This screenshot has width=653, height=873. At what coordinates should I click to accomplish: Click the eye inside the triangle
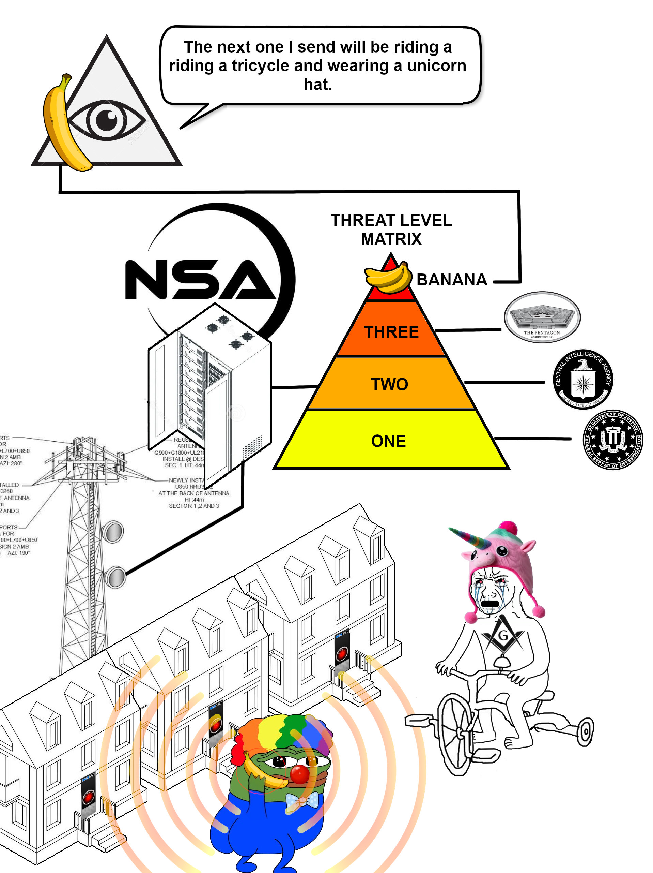pyautogui.click(x=107, y=120)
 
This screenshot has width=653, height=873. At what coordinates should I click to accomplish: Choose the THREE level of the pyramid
pyautogui.click(x=391, y=331)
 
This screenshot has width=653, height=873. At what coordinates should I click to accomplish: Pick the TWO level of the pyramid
pyautogui.click(x=390, y=384)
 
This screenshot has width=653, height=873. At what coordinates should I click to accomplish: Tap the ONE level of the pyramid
pyautogui.click(x=388, y=441)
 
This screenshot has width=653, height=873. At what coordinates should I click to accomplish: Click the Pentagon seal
pyautogui.click(x=542, y=317)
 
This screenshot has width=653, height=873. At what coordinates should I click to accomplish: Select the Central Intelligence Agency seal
pyautogui.click(x=583, y=379)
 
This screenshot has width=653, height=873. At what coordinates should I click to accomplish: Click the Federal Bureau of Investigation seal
pyautogui.click(x=612, y=439)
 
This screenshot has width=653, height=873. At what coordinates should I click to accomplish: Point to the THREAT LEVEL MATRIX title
pyautogui.click(x=391, y=229)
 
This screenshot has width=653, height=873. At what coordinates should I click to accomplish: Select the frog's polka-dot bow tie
pyautogui.click(x=302, y=801)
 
